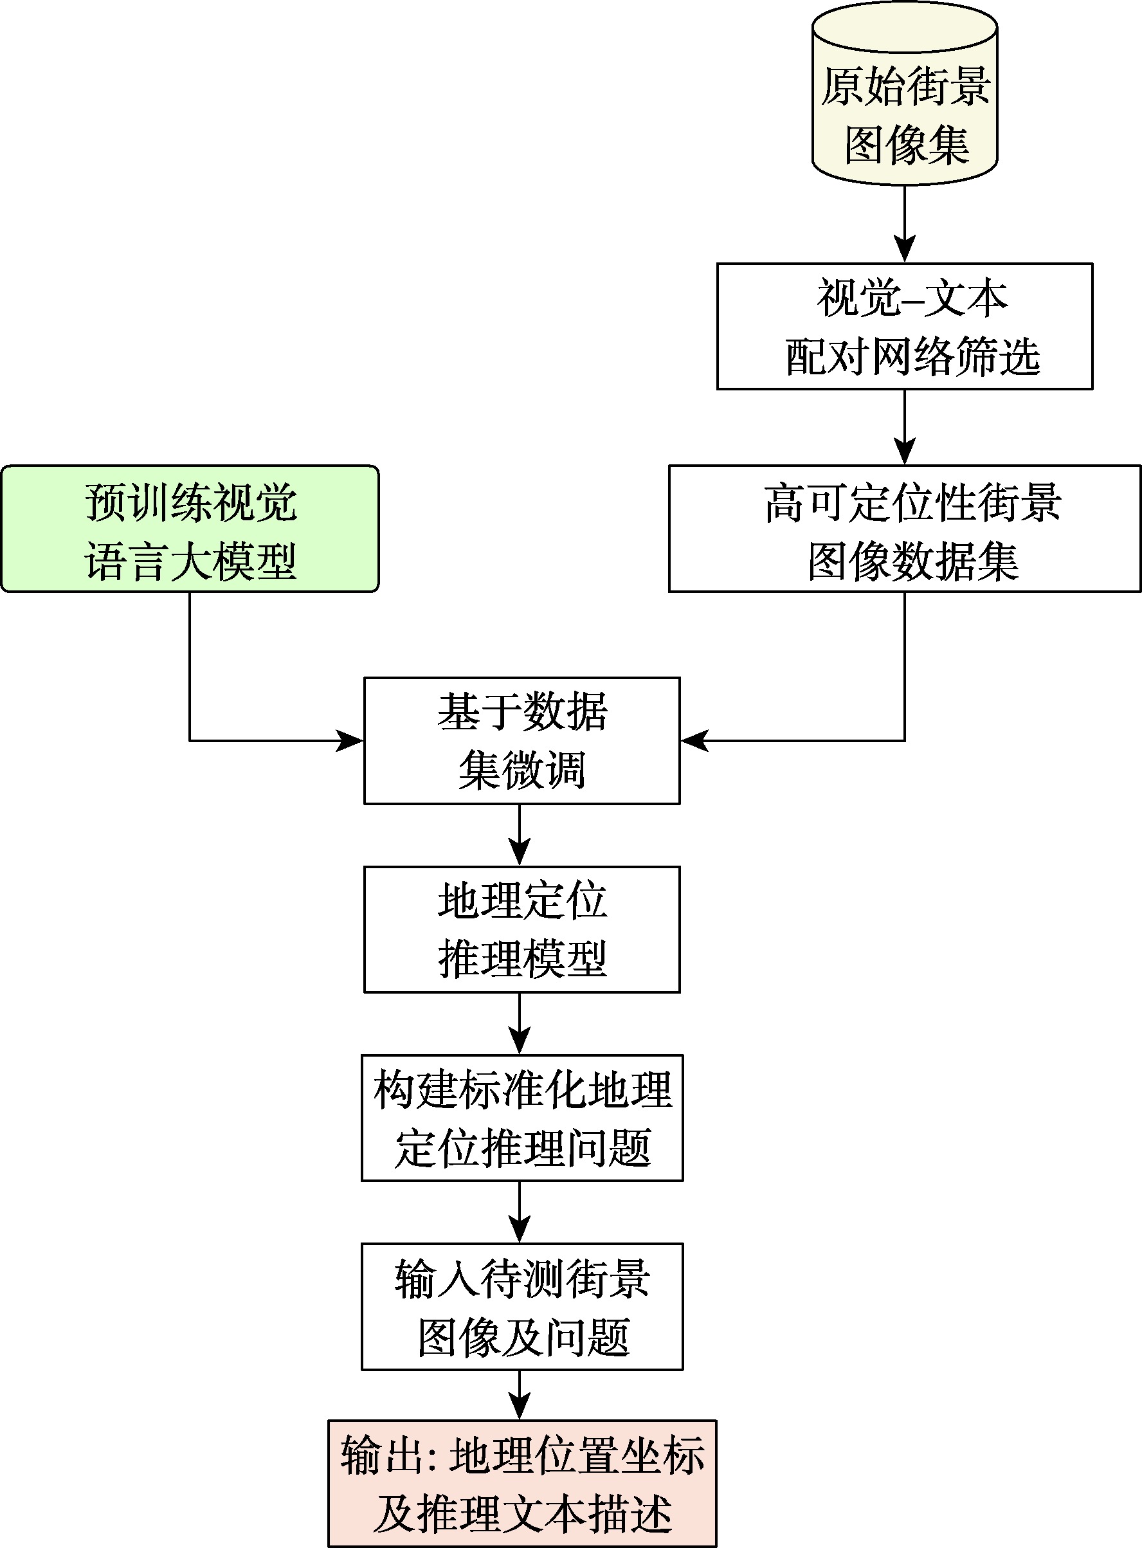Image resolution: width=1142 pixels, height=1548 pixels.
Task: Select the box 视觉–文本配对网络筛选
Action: [x=904, y=326]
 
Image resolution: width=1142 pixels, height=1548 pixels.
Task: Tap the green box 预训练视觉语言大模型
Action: [x=190, y=529]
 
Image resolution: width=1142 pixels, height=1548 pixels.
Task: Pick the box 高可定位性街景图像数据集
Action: [x=904, y=529]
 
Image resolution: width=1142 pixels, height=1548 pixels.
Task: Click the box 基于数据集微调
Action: [x=522, y=740]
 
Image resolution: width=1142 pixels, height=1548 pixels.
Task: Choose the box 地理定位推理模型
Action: [x=522, y=929]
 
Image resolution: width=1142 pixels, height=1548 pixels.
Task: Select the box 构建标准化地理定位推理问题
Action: [x=522, y=1118]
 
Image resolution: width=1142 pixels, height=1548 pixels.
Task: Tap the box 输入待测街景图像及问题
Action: [x=522, y=1307]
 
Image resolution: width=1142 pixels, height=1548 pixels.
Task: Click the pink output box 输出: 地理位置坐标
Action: [x=522, y=1484]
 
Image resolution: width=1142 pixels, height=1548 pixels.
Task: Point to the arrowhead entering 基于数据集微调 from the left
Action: [x=351, y=740]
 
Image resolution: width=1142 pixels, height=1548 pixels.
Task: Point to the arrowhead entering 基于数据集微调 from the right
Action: [x=693, y=740]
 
